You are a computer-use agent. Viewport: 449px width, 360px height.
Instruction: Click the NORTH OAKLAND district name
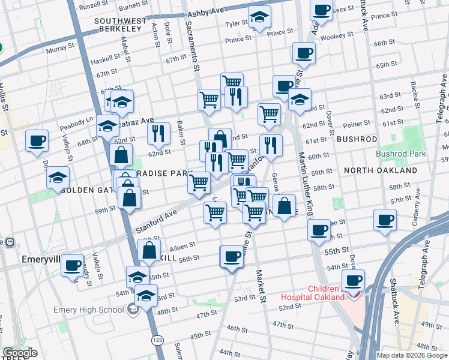[381, 170]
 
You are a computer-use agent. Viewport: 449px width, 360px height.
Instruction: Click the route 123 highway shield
[157, 340]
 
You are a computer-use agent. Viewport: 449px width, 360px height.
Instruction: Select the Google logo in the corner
[20, 353]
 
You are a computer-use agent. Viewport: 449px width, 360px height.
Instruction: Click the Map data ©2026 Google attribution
[412, 355]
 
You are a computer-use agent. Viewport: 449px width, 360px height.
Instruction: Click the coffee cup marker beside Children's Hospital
[354, 280]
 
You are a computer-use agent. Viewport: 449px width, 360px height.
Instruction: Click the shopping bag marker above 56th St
[150, 250]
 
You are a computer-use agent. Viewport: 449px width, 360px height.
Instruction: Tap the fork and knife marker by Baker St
[158, 133]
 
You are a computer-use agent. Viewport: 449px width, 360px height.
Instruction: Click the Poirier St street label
[357, 124]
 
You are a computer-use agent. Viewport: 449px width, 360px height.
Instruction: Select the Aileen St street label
[182, 246]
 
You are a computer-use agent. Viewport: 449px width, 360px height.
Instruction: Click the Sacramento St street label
[193, 43]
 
